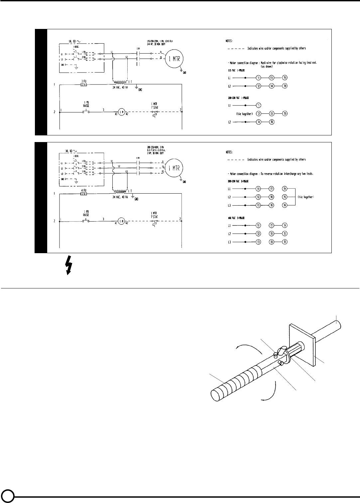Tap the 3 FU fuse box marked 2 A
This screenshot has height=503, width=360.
83,85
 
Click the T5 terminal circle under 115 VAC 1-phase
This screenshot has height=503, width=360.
285,78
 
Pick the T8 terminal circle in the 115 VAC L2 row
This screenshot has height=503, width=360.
285,86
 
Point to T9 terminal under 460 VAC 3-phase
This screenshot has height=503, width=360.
272,242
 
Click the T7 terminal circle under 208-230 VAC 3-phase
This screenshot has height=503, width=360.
272,189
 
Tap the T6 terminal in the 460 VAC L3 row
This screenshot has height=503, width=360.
285,242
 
